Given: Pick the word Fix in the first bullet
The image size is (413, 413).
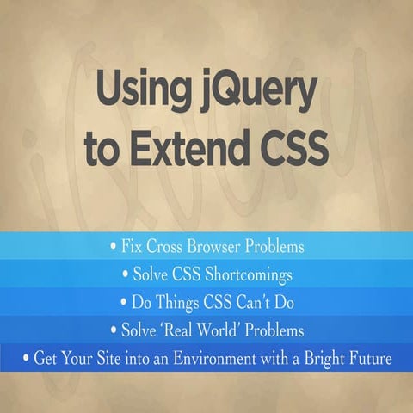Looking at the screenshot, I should [131, 248].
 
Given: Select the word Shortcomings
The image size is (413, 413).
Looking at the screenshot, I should [250, 275].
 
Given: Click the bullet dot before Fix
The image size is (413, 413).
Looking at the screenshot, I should [113, 248].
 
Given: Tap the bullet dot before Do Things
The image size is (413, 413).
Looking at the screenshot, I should [121, 303].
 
